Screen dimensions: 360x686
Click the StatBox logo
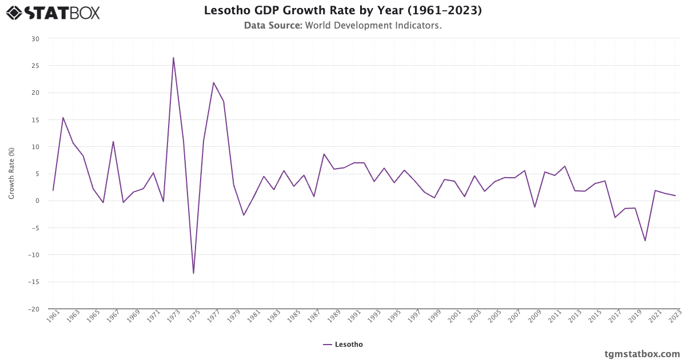(x=53, y=12)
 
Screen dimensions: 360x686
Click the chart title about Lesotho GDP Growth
(x=342, y=10)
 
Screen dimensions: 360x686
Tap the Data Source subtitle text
(x=342, y=25)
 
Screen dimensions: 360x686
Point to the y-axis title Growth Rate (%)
(x=11, y=173)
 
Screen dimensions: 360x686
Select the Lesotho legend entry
(x=343, y=345)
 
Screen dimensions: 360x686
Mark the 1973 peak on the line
(x=173, y=58)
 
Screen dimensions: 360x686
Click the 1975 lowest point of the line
(x=193, y=273)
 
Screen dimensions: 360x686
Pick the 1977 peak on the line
(x=213, y=83)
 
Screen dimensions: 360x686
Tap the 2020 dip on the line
(x=645, y=241)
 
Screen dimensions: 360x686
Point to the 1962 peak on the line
(x=63, y=118)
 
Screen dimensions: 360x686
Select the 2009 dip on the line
(x=535, y=207)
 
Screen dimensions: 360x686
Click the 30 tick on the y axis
(x=35, y=39)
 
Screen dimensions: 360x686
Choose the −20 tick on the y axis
(x=34, y=309)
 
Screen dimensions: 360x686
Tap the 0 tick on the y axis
(x=38, y=201)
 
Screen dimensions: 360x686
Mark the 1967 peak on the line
(x=113, y=142)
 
